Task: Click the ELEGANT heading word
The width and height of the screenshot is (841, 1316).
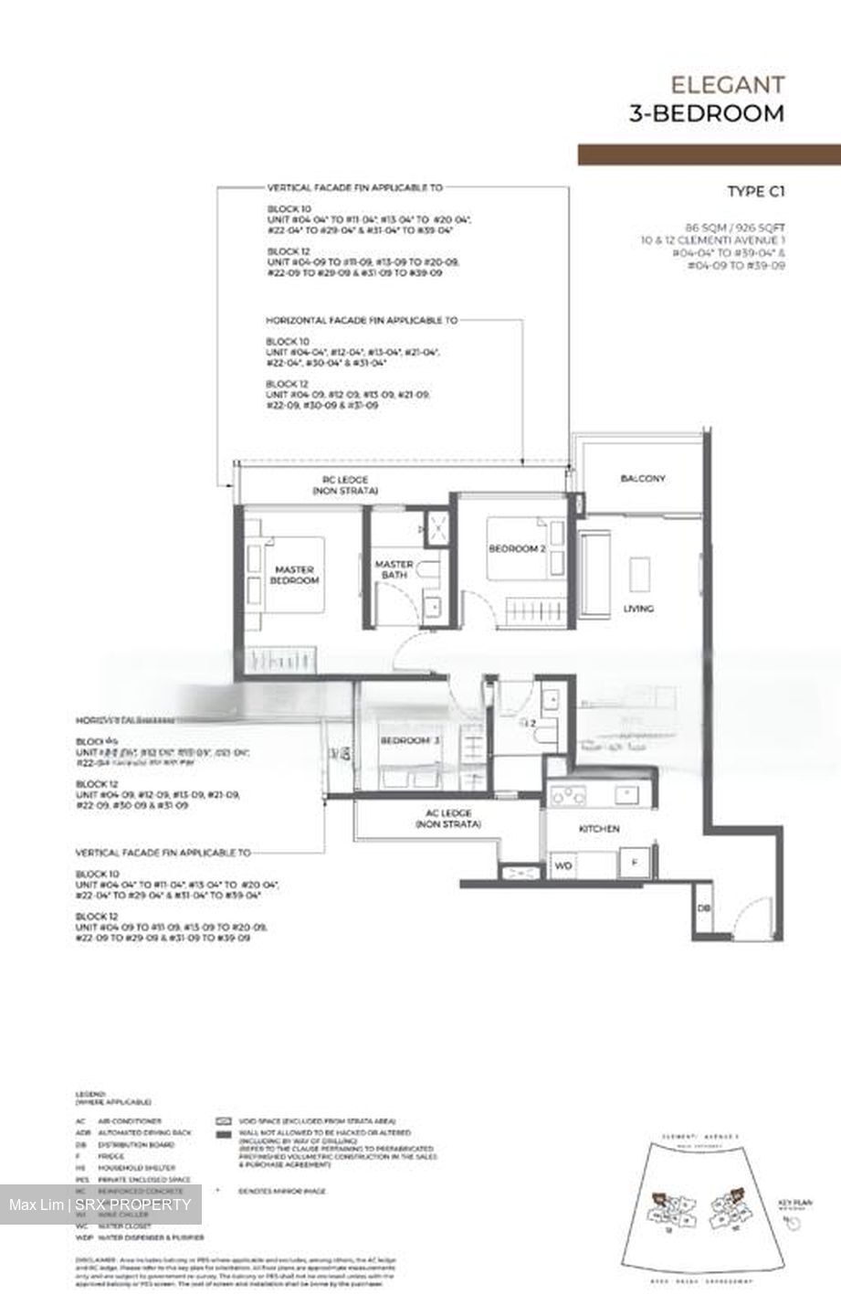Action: pos(727,85)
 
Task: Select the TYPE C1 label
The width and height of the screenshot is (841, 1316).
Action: pos(756,191)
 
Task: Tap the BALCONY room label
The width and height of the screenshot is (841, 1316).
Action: pos(642,478)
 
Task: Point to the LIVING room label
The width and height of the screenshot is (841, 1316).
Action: pos(638,609)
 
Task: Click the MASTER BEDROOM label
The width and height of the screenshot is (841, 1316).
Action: pos(296,575)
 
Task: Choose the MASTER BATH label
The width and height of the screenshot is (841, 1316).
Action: pos(394,569)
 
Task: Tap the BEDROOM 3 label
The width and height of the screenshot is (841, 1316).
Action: pos(409,740)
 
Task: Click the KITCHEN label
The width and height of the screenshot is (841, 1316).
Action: pos(599,829)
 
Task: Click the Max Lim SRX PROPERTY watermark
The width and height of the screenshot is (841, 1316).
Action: pos(100,1205)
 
